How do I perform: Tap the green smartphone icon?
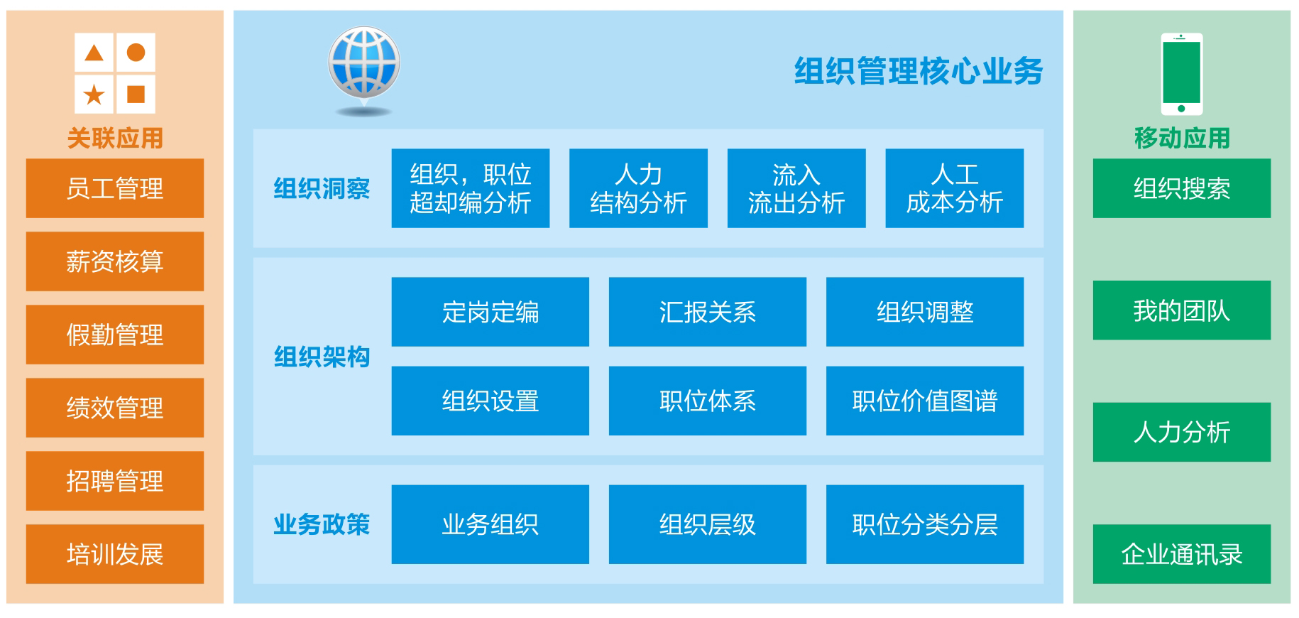(1181, 74)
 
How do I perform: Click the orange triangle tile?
(94, 52)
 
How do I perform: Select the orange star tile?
(94, 94)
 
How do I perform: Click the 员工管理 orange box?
(115, 188)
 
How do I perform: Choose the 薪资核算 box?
(115, 261)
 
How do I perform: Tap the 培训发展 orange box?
(115, 554)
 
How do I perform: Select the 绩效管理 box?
(115, 408)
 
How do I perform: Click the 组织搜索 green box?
(1182, 188)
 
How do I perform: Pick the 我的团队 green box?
(1182, 310)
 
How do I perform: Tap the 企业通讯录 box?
(1182, 554)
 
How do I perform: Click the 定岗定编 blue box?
(490, 312)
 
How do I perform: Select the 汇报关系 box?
(708, 312)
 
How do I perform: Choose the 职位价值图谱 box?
(925, 401)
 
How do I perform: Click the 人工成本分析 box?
(955, 188)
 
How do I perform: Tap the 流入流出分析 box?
(796, 188)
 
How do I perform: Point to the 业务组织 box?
(490, 524)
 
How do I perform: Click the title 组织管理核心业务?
(919, 71)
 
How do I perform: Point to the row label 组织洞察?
(322, 188)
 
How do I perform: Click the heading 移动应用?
(1182, 138)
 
